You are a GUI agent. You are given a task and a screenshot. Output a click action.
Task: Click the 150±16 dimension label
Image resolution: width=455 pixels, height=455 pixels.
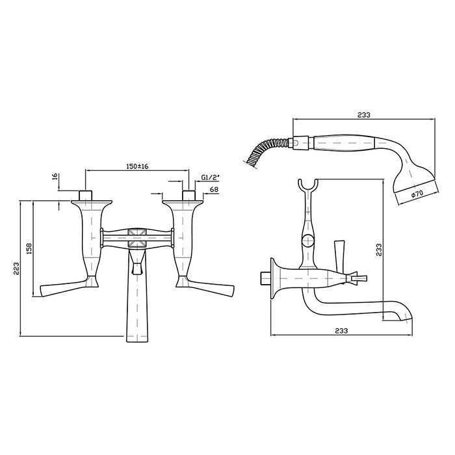pos(137,166)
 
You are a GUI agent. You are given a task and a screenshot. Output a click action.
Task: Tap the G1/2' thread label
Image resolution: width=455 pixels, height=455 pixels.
pos(210,177)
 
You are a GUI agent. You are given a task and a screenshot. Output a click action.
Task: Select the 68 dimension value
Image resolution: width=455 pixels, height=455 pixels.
pos(214,190)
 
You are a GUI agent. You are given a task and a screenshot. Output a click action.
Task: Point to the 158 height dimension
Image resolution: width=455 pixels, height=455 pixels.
pos(29,249)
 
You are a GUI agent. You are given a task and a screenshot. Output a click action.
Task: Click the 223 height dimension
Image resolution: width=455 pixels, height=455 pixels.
pos(16,268)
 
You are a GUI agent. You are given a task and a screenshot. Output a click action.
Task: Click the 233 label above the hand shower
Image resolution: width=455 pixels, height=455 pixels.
pos(364,115)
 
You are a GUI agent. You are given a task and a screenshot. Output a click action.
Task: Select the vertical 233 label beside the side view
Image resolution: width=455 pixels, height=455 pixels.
pos(379,250)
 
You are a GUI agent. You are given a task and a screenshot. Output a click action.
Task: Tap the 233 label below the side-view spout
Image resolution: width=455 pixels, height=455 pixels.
pos(341,330)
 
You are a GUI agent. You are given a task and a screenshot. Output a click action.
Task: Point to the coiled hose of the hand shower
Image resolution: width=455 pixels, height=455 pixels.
pos(267,151)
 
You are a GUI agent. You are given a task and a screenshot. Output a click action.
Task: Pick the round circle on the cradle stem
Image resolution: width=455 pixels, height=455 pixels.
pos(308,241)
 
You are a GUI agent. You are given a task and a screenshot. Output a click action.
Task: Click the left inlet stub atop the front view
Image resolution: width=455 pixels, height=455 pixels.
pos(86,195)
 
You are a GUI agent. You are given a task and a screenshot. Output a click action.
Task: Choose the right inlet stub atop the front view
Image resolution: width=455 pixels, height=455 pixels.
pos(189,195)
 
